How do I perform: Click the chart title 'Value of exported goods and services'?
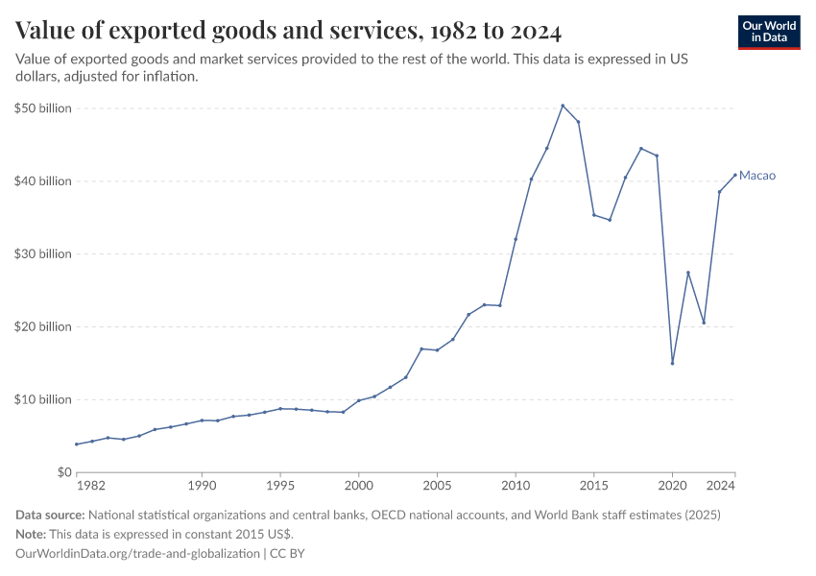[x=288, y=31]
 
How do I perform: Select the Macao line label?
[x=757, y=176]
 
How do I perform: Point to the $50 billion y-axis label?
[x=43, y=108]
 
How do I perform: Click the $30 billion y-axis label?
[x=43, y=254]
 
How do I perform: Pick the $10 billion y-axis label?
[x=43, y=399]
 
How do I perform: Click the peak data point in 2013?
[x=563, y=106]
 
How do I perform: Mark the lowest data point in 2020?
[x=672, y=363]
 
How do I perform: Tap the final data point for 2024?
[x=735, y=175]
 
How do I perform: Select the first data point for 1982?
[x=76, y=444]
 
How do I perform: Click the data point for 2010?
[x=516, y=239]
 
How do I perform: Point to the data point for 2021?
[x=688, y=273]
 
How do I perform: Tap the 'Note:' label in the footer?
[x=34, y=535]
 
